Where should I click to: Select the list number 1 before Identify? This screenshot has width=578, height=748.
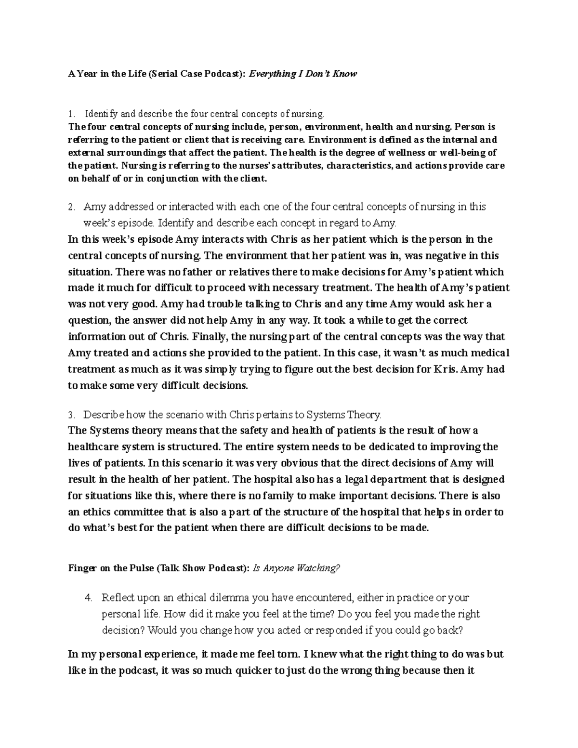pyautogui.click(x=71, y=114)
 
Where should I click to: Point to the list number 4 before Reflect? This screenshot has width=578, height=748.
pyautogui.click(x=88, y=598)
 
